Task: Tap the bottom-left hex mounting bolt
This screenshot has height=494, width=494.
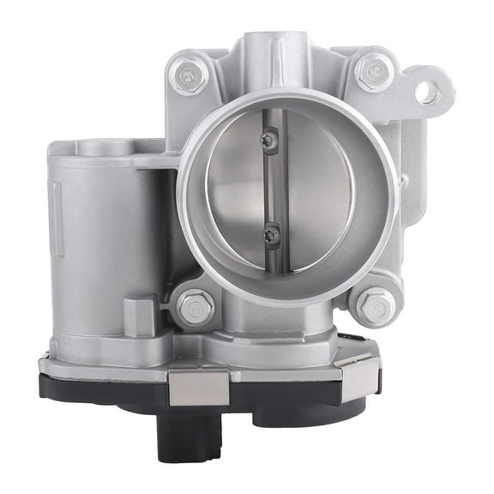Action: point(196,306)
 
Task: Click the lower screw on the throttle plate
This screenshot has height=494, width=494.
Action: point(272,234)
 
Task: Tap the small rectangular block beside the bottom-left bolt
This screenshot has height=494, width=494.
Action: point(141,315)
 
